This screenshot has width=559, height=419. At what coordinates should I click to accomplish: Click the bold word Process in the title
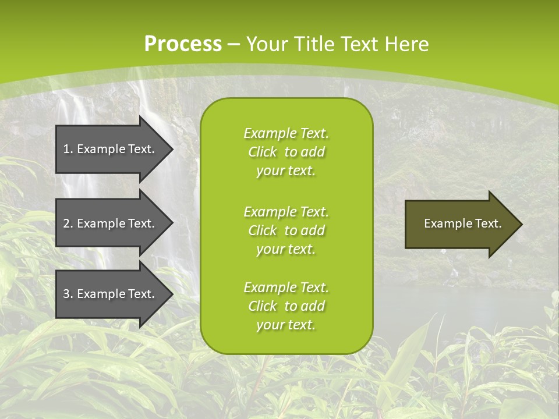[x=183, y=44]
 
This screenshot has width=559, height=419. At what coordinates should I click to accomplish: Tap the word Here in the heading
[x=407, y=44]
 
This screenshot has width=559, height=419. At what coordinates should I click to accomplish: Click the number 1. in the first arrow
[x=68, y=149]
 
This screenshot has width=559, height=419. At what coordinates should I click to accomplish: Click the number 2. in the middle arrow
[x=68, y=223]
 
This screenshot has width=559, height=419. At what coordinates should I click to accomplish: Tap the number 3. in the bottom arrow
[x=68, y=294]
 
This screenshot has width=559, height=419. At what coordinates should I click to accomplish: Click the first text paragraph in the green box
[x=286, y=152]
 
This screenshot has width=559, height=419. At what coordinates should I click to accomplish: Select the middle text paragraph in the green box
[x=286, y=230]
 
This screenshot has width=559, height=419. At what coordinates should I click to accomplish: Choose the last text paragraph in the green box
[x=286, y=306]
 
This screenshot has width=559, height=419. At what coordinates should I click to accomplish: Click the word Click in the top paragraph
[x=263, y=152]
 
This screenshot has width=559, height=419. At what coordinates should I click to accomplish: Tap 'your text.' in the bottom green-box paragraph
[x=286, y=325]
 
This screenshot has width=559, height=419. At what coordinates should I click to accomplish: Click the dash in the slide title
[x=233, y=44]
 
